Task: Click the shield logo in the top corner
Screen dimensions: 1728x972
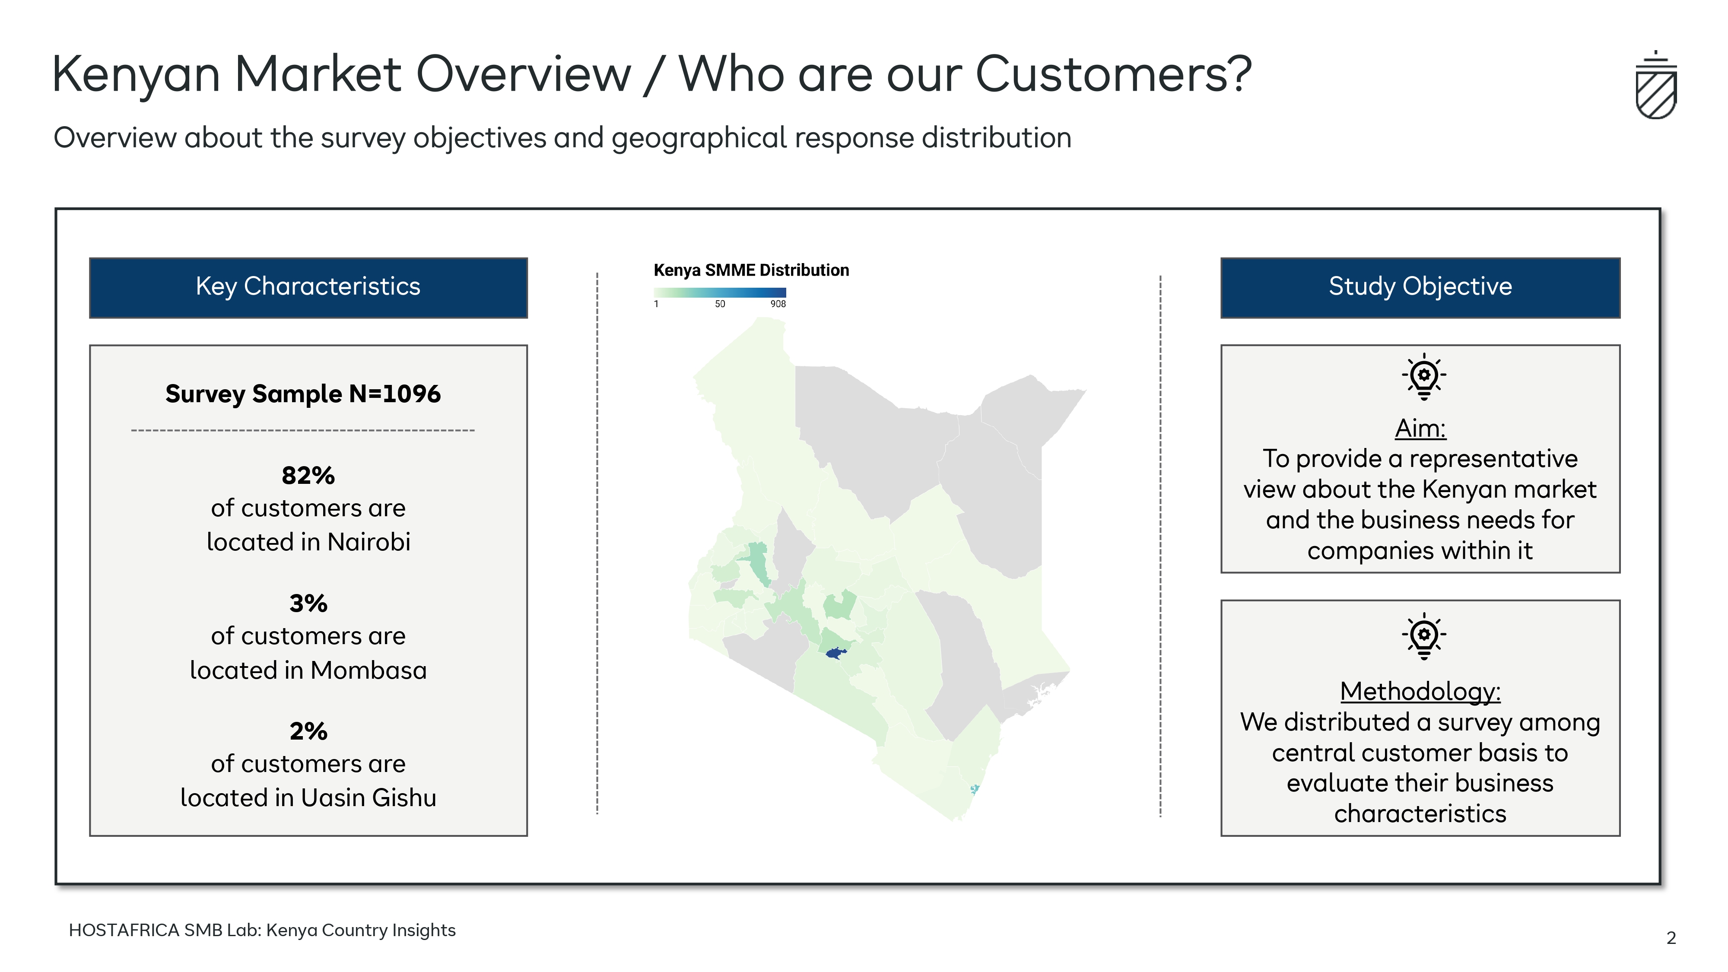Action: tap(1656, 85)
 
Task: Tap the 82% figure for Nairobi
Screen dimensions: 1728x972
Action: tap(308, 476)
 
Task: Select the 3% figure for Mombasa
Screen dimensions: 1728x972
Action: tap(308, 603)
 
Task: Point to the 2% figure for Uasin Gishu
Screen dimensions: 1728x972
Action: tap(308, 731)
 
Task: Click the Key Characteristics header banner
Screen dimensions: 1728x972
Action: tap(308, 287)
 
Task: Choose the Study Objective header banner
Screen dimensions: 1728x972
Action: tap(1420, 287)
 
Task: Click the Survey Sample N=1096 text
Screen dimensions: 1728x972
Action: tap(303, 394)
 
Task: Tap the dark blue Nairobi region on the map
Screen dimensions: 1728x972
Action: tap(836, 653)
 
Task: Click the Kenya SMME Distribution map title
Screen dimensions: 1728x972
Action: tap(751, 270)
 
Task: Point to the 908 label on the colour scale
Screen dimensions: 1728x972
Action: tap(778, 304)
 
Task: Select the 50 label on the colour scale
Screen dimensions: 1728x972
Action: tap(720, 304)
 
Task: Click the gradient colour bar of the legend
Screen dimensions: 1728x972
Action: tap(720, 292)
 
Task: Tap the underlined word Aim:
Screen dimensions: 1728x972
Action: tap(1420, 428)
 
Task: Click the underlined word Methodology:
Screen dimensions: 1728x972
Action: tap(1420, 691)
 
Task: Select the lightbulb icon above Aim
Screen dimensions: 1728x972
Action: tap(1423, 376)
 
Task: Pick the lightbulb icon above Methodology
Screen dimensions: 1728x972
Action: tap(1423, 636)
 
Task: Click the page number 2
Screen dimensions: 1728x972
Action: tap(1671, 938)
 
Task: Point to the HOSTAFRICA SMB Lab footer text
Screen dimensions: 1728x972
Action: tap(262, 931)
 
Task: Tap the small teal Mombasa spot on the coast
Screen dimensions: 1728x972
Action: tap(975, 790)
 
